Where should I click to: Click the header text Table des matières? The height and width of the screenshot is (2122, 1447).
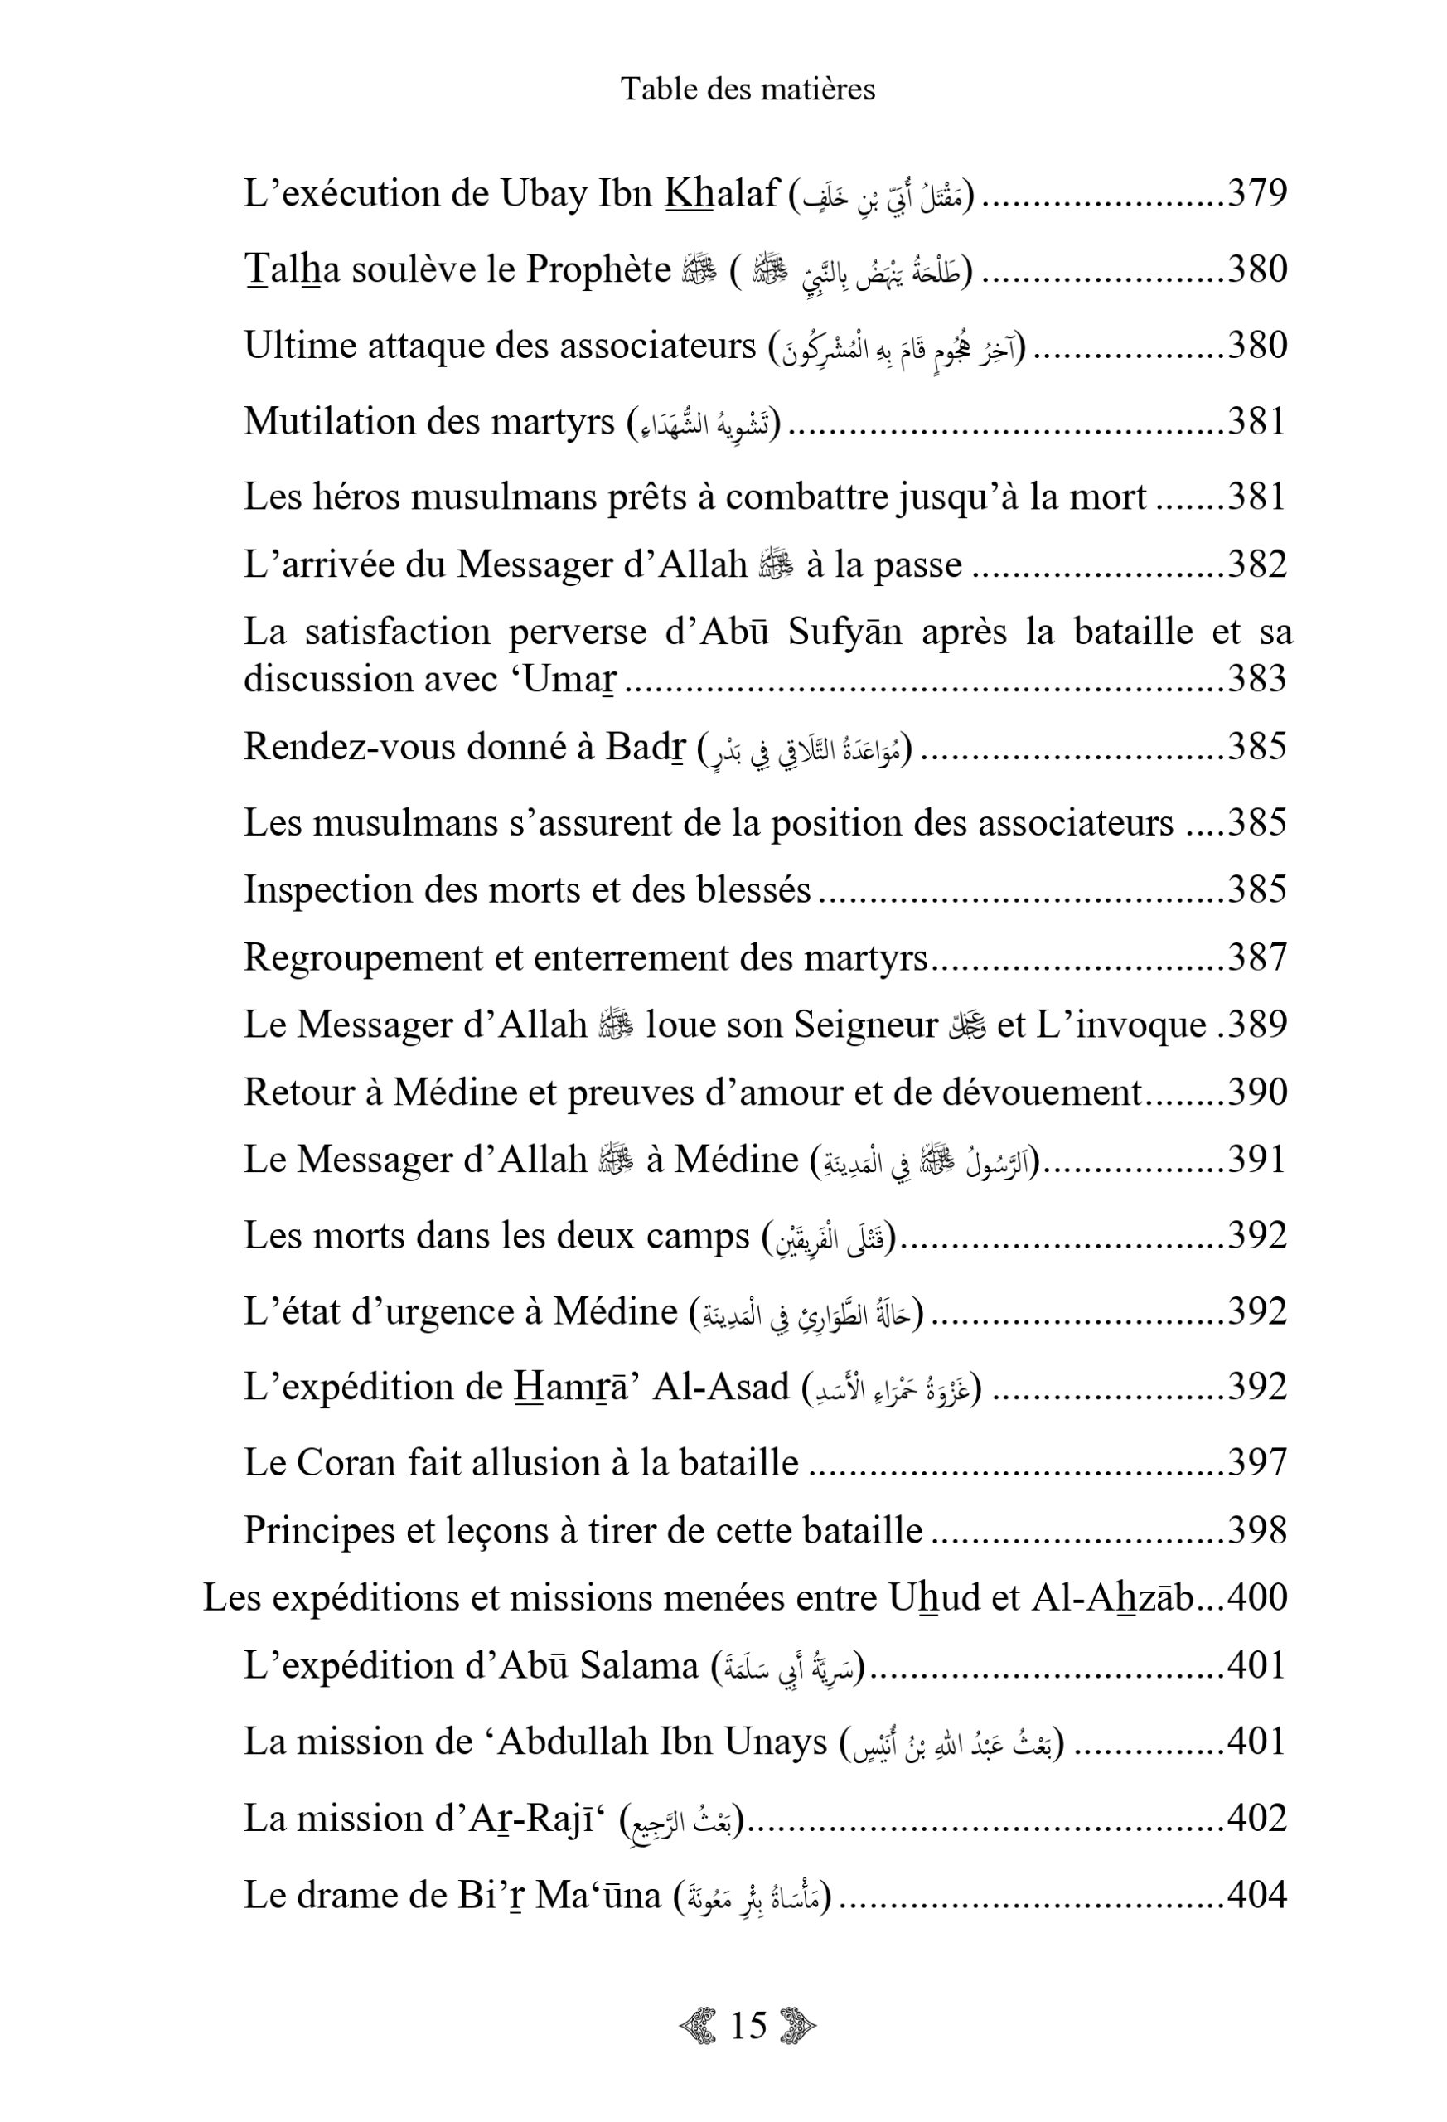click(748, 90)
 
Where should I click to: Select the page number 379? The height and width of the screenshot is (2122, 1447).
click(1256, 194)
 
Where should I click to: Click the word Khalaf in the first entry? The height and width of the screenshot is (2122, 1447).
click(721, 194)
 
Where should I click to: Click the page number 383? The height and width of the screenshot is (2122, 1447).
click(1256, 678)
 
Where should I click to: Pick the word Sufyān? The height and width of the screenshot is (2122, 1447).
click(844, 631)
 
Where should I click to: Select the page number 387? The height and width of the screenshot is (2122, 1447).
click(1256, 957)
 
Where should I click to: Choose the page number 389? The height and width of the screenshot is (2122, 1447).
click(1258, 1025)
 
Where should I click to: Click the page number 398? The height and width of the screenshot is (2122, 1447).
click(1256, 1530)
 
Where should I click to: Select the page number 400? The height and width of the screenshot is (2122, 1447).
click(1256, 1598)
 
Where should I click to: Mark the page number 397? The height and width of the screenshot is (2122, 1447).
click(1256, 1462)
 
